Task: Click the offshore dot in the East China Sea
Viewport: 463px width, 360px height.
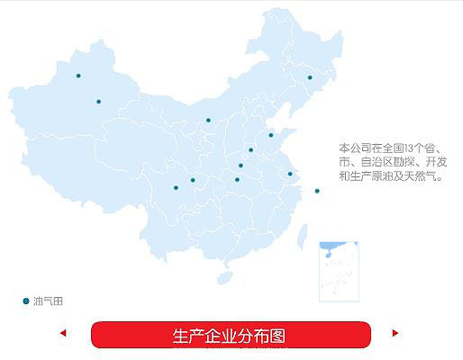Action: point(317,191)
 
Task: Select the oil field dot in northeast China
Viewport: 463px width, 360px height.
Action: point(310,77)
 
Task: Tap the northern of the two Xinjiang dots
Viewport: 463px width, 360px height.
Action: point(78,76)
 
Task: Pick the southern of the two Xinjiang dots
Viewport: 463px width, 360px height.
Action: point(99,102)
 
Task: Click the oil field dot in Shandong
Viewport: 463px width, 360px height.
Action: point(271,135)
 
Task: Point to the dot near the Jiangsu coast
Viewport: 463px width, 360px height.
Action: point(290,174)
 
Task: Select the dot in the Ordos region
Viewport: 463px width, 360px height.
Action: point(208,121)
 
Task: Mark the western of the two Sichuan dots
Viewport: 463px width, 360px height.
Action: point(176,188)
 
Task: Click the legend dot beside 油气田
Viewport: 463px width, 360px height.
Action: point(26,301)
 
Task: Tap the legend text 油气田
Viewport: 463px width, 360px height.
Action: point(48,301)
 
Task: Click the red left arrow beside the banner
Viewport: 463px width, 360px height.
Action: point(63,333)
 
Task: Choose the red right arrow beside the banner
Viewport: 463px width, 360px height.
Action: point(395,333)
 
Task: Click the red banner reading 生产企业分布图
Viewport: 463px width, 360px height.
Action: point(231,335)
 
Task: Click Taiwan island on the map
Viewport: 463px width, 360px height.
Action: point(303,237)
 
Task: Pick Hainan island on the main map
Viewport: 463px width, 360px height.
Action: point(225,278)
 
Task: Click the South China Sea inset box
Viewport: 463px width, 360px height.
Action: point(339,272)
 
